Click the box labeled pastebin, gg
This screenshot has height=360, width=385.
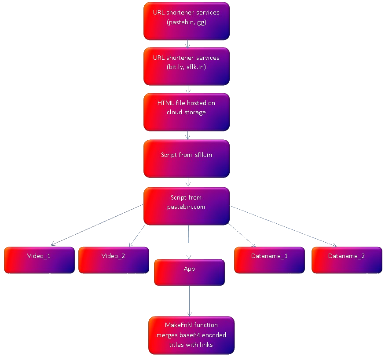[x=187, y=21]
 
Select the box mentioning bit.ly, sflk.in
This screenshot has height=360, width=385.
[x=187, y=66]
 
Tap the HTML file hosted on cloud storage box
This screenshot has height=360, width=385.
[x=187, y=112]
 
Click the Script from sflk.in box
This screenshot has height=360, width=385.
[x=187, y=159]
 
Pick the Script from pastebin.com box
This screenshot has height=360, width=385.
[x=187, y=206]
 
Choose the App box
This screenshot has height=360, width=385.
[x=189, y=272]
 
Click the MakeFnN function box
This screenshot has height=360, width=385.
[x=191, y=335]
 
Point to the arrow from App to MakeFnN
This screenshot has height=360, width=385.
[x=189, y=301]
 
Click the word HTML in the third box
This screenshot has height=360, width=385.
[x=164, y=103]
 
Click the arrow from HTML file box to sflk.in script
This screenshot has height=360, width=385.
[x=188, y=135]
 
